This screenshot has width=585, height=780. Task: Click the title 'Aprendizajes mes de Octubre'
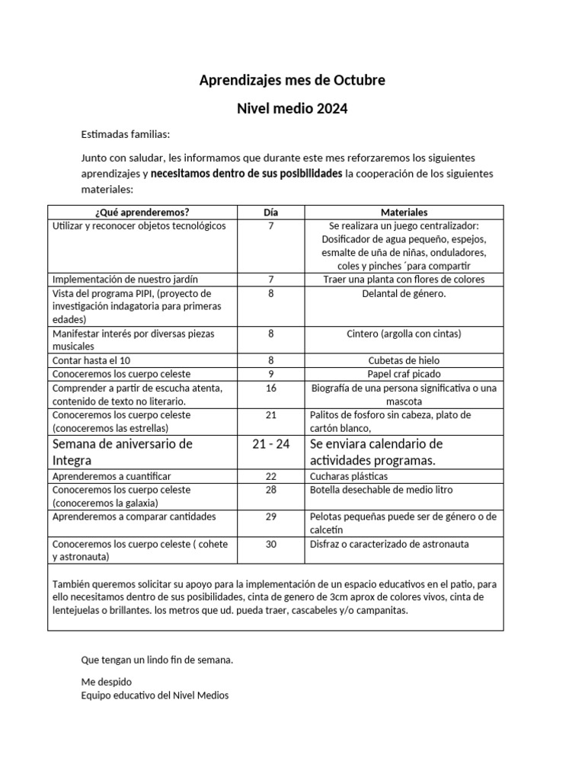292,80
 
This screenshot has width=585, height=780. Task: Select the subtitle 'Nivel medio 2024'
292,109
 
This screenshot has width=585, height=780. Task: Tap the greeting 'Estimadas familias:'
126,134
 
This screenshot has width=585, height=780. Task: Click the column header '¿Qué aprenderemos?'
142,213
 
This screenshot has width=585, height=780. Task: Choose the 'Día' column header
271,213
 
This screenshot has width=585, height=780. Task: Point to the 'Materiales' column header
404,213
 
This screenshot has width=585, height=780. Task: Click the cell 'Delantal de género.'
404,293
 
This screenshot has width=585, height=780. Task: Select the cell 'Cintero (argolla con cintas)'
404,334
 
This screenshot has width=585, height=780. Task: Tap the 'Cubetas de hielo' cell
404,360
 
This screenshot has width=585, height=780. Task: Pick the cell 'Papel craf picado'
404,374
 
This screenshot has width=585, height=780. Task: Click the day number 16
271,388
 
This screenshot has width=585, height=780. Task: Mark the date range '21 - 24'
271,444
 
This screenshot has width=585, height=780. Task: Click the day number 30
271,544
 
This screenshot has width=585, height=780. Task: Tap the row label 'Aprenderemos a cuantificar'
111,476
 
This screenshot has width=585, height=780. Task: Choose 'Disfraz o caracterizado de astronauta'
389,544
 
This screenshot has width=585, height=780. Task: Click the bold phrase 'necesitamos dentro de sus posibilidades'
246,174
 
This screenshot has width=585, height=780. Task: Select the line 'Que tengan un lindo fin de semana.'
157,660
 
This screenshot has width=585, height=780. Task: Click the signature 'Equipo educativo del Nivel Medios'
155,695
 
